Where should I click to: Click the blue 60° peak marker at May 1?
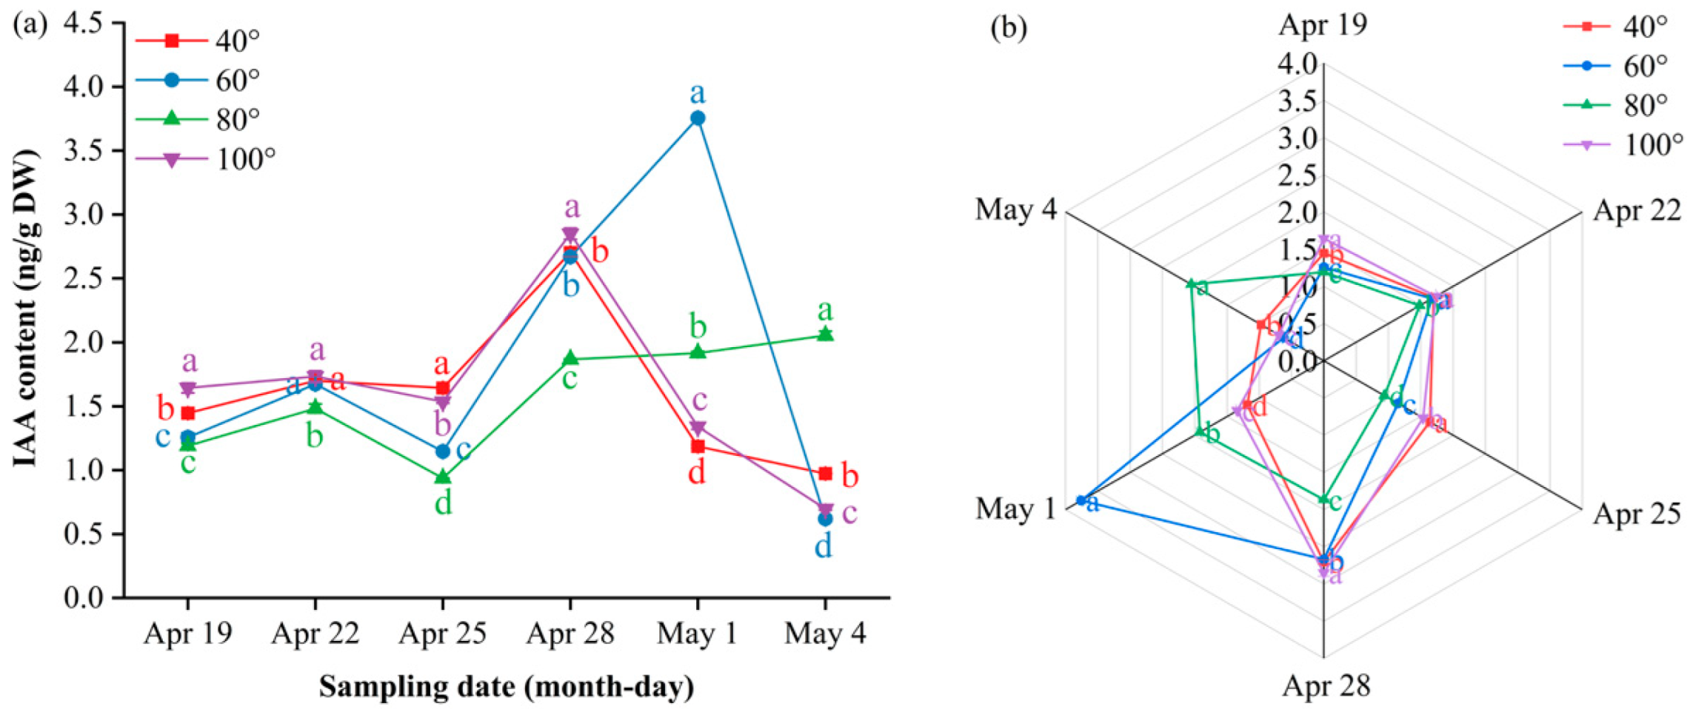click(697, 118)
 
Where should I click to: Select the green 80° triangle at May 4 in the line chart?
click(825, 335)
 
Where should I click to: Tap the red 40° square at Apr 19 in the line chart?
click(188, 413)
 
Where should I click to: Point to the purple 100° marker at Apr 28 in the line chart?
click(570, 234)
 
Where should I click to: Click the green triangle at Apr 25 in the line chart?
click(443, 477)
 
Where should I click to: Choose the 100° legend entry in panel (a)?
click(244, 158)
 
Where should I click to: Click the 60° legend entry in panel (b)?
click(1644, 66)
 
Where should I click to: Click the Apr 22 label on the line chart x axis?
click(315, 634)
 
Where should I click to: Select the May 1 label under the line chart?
click(697, 634)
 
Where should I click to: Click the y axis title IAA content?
click(25, 309)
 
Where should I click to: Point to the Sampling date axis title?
click(507, 687)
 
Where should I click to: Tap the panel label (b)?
click(1009, 28)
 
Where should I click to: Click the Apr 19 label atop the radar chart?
click(1323, 24)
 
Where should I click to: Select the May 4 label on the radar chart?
click(1015, 209)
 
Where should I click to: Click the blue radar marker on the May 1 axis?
click(1081, 500)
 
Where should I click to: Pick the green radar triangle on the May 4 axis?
click(1191, 283)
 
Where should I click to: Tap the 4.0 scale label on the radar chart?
click(1297, 64)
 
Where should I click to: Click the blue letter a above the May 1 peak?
click(697, 93)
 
